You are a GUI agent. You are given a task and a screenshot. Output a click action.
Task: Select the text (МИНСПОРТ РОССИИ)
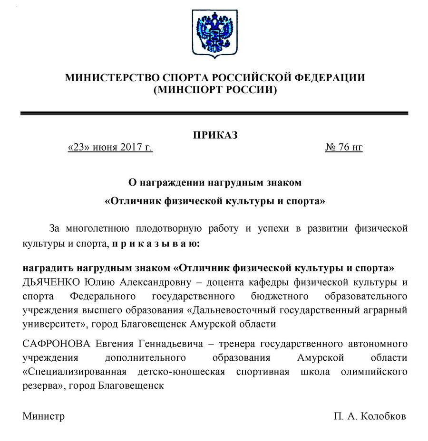tap(214, 90)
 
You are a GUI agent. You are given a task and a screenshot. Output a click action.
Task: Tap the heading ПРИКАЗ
tap(215, 135)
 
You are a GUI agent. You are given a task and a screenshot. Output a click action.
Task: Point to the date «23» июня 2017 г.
tap(110, 148)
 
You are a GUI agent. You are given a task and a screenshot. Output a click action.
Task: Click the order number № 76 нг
tap(344, 148)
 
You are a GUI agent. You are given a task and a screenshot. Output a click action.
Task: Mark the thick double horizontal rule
tap(214, 113)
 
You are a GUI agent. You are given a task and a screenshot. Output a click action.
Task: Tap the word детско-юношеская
tap(186, 371)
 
